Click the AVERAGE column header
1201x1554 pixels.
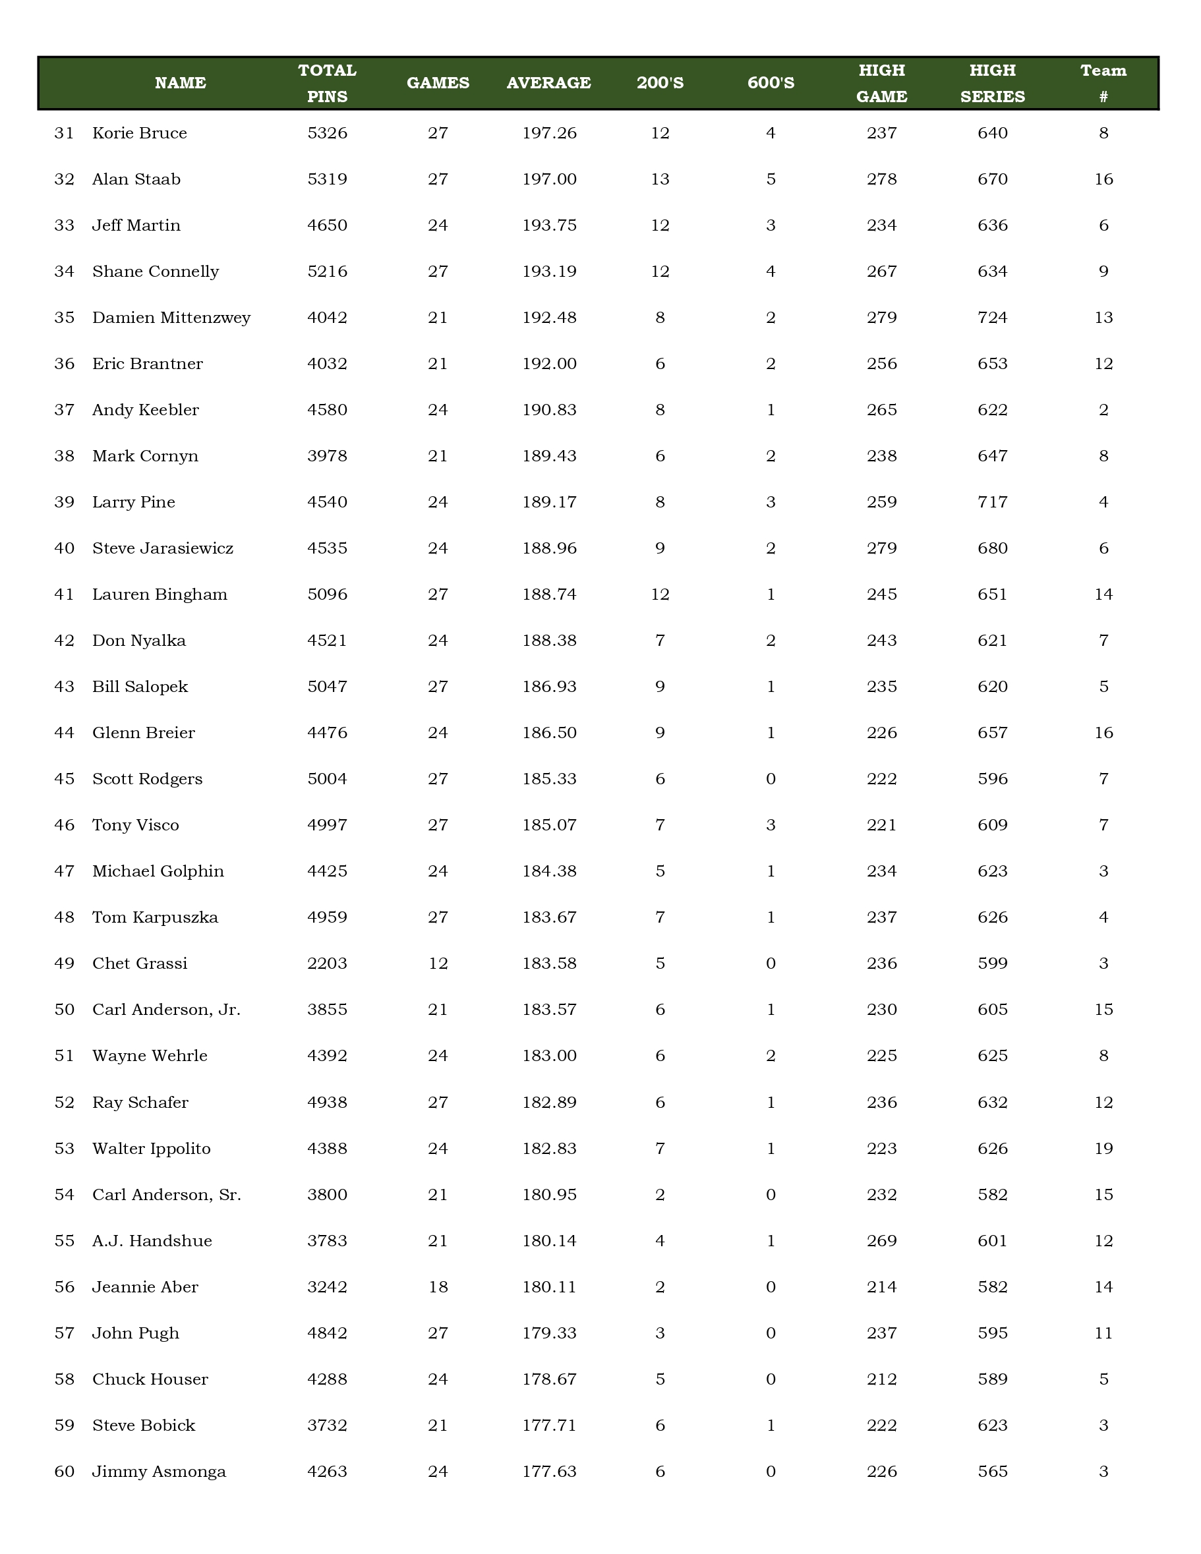point(548,83)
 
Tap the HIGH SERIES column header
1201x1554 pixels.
point(993,83)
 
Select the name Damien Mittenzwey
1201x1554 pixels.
point(171,318)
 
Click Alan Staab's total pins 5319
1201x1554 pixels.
point(328,179)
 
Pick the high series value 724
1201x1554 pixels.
point(993,318)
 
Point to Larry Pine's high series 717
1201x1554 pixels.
point(993,502)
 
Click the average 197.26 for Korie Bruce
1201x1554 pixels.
point(549,133)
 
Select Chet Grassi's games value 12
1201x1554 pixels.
point(438,964)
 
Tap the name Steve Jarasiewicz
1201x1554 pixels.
point(163,548)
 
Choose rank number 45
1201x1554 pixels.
point(64,779)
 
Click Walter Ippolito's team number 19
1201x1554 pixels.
point(1103,1149)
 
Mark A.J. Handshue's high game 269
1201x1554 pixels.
point(881,1241)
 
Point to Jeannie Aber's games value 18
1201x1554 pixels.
point(438,1287)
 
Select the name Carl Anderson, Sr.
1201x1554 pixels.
point(167,1195)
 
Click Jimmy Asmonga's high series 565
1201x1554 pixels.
point(993,1472)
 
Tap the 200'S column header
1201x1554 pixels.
point(660,83)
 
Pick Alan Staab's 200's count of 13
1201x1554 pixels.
point(660,179)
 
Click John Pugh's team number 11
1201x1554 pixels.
point(1103,1333)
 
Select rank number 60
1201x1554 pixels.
point(64,1472)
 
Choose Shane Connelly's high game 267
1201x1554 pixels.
point(881,272)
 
